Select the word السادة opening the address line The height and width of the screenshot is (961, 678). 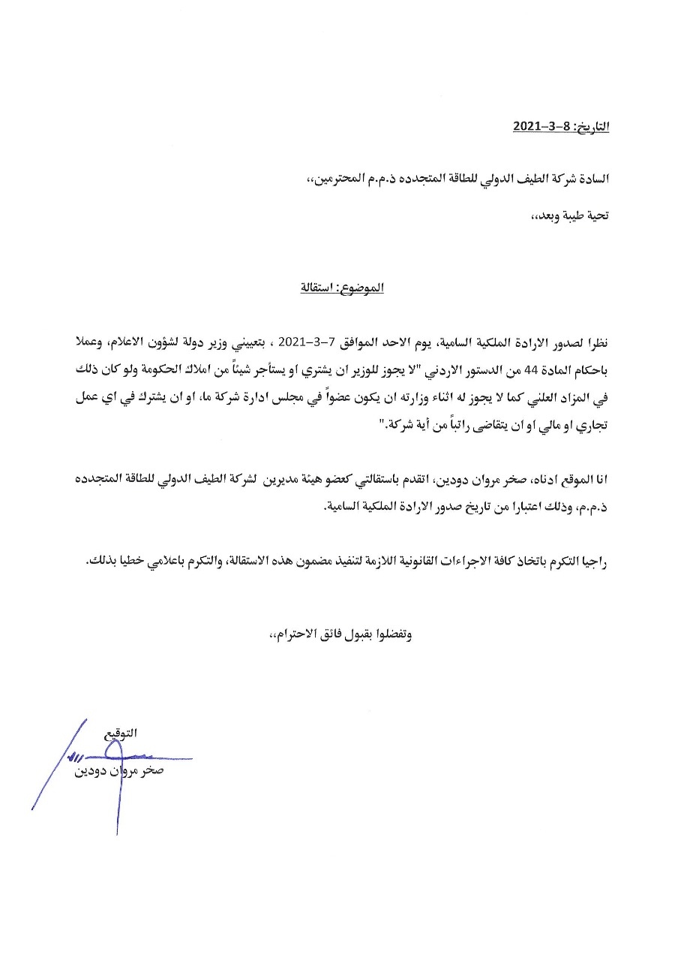[x=592, y=179]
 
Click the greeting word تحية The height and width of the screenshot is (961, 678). [x=597, y=215]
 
